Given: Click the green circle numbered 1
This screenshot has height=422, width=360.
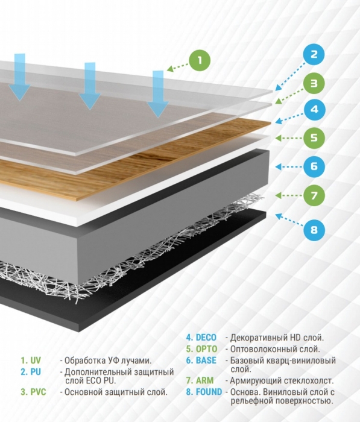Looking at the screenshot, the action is [x=200, y=60].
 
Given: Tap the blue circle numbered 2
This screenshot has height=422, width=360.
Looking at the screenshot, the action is [x=314, y=54].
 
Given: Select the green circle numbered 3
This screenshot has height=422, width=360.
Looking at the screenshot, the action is [x=314, y=83].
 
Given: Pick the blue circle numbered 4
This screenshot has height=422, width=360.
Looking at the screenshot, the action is [x=315, y=110].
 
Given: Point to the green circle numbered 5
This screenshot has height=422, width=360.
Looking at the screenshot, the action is [x=314, y=138].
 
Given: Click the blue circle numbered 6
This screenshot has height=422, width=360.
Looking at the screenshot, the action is [x=314, y=166].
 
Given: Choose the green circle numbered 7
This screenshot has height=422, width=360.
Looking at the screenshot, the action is [x=314, y=195].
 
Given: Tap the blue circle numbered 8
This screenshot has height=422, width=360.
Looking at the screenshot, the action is [x=314, y=230].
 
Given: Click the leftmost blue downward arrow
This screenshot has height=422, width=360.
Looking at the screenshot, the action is [x=19, y=77].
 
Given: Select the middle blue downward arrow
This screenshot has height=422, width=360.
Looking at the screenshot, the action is [x=90, y=86].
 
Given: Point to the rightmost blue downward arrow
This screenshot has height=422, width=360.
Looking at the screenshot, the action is [x=158, y=94].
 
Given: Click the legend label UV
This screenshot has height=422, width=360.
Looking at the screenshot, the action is [x=36, y=361].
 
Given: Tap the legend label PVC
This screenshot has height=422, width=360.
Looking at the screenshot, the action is [x=38, y=392].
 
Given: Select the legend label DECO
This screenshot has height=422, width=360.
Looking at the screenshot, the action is [x=206, y=338].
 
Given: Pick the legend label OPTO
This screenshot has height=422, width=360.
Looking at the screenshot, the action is [x=206, y=349].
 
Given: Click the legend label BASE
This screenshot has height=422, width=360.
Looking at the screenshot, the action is [x=206, y=361].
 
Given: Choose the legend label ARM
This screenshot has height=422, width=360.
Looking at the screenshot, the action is [x=204, y=380].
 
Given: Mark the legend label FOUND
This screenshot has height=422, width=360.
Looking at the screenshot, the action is [x=209, y=392].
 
